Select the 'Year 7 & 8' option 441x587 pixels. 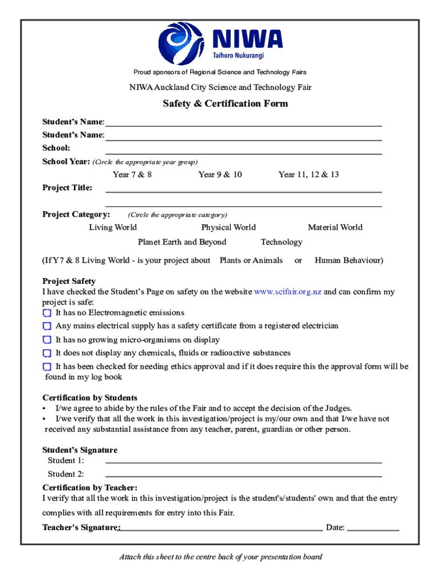tap(132, 174)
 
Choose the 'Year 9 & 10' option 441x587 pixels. tap(220, 174)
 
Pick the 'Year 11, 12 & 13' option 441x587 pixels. tap(308, 174)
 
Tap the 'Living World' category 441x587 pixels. tap(113, 228)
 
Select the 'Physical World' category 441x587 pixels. tap(229, 228)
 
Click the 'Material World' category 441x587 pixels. tap(335, 228)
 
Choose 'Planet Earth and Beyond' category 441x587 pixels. tap(182, 242)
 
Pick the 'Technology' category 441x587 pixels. tap(281, 242)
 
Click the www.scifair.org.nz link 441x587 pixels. tap(288, 292)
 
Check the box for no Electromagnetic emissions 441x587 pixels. tap(47, 313)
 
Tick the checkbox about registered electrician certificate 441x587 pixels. tap(47, 326)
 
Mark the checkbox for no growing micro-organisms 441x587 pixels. tap(47, 340)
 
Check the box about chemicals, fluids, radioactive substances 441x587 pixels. tap(47, 353)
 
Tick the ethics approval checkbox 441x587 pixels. tap(47, 366)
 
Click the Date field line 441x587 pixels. tap(373, 530)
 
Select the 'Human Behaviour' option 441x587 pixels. tap(349, 260)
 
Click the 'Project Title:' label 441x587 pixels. tap(68, 187)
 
